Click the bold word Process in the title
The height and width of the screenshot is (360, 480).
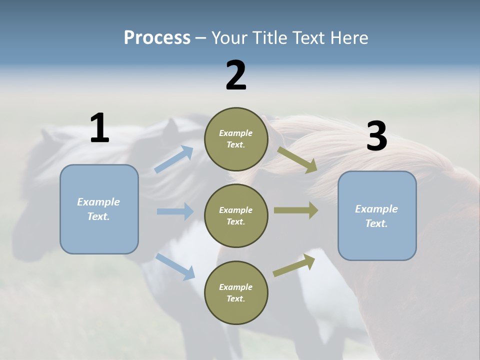coord(157,37)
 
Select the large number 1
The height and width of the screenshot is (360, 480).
coord(99,128)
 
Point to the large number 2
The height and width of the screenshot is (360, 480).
coord(236,75)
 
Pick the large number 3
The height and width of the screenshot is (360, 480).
coord(376,136)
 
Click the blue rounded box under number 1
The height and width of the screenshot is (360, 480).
coord(99,209)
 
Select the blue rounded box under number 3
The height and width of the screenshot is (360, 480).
coord(377,216)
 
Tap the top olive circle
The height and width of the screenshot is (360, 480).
coord(236,139)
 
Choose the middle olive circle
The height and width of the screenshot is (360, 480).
coord(236,215)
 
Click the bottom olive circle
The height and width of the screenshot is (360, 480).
coord(236,292)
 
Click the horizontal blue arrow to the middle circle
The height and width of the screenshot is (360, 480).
coord(175,211)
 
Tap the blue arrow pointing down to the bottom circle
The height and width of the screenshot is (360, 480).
coord(175,266)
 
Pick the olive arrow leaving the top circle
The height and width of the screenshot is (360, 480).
coord(297,159)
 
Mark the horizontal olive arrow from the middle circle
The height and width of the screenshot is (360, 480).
coord(296,210)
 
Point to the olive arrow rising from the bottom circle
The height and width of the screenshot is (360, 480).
coord(294,265)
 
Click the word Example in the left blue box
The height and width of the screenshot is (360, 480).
coord(98,202)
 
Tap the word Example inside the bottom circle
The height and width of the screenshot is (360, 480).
coord(235,287)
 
